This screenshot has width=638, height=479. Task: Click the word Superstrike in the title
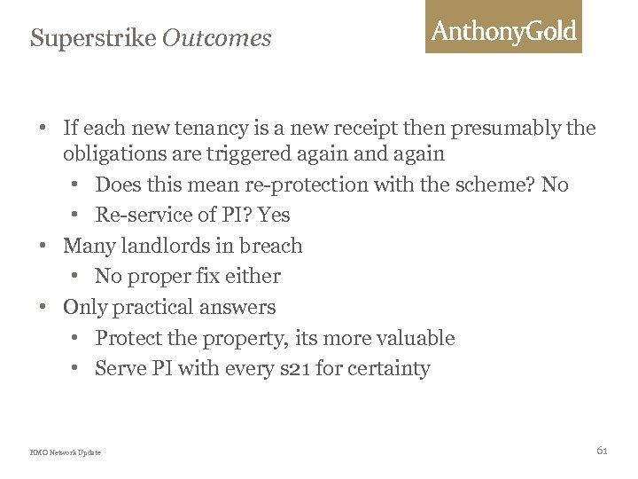(x=92, y=39)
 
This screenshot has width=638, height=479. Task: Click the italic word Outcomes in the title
(x=217, y=39)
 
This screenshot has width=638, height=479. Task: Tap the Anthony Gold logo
(x=503, y=31)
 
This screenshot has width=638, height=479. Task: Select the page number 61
(x=602, y=451)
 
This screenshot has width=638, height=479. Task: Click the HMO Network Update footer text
(x=66, y=452)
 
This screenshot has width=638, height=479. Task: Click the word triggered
(x=248, y=153)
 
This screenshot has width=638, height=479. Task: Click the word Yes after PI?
(x=273, y=215)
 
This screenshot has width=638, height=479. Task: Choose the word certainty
(x=388, y=369)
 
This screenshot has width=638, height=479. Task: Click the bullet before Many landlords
(x=43, y=246)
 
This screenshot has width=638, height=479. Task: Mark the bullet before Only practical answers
(x=43, y=308)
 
